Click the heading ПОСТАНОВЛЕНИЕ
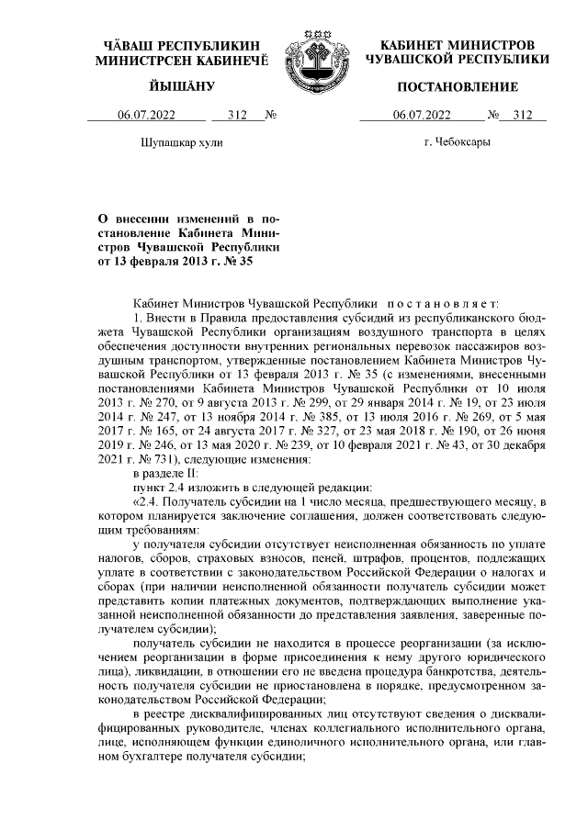point(457,87)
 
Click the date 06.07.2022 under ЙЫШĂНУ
point(146,116)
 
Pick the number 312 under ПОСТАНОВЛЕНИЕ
point(523,116)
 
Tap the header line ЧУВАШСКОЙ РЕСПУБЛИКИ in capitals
point(457,60)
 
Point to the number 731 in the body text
point(160,458)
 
